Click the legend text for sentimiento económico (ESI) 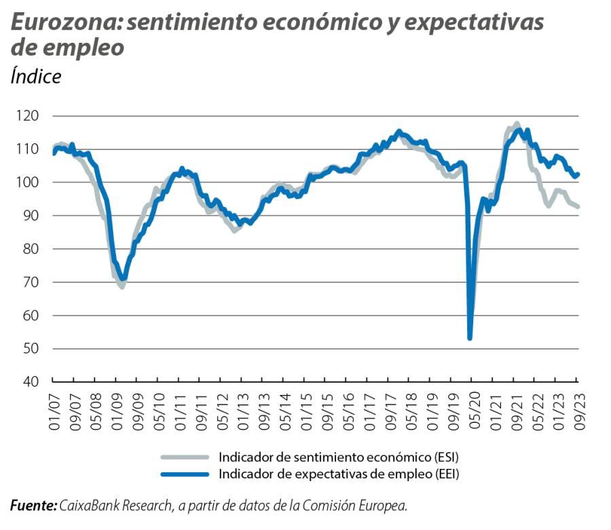pos(344,456)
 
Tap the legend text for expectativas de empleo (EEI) pos(339,474)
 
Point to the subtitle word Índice pos(35,76)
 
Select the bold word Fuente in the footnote pos(33,506)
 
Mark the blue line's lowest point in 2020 pos(470,337)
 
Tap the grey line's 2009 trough pos(122,287)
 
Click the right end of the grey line pos(578,206)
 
